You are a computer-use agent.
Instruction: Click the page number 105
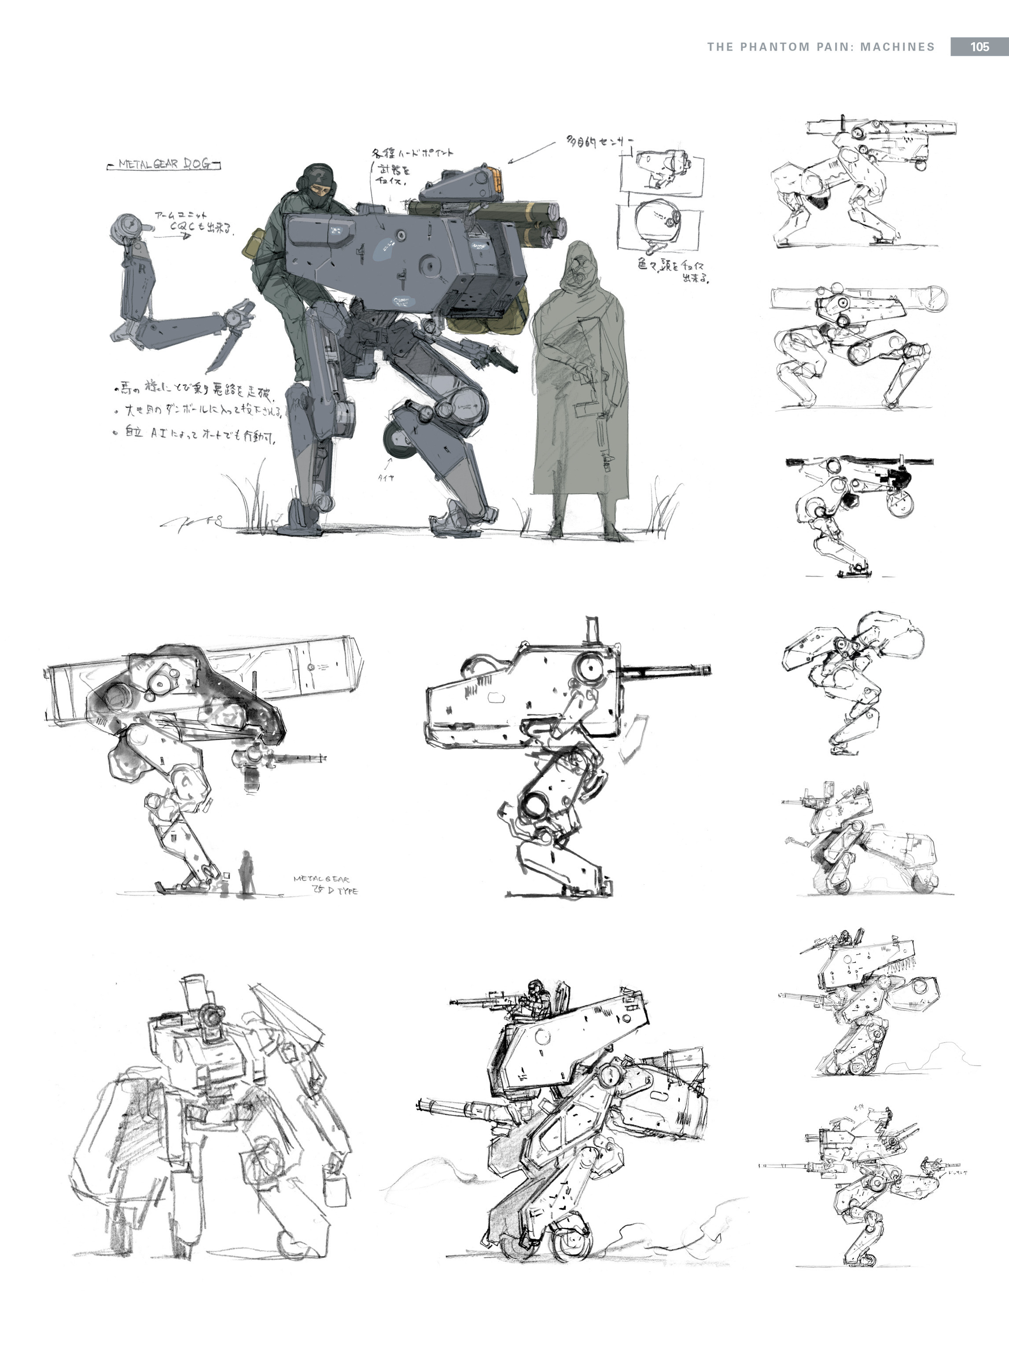tap(979, 47)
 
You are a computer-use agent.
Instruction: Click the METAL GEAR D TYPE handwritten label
tap(325, 885)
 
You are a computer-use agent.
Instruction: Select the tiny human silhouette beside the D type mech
tap(247, 873)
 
